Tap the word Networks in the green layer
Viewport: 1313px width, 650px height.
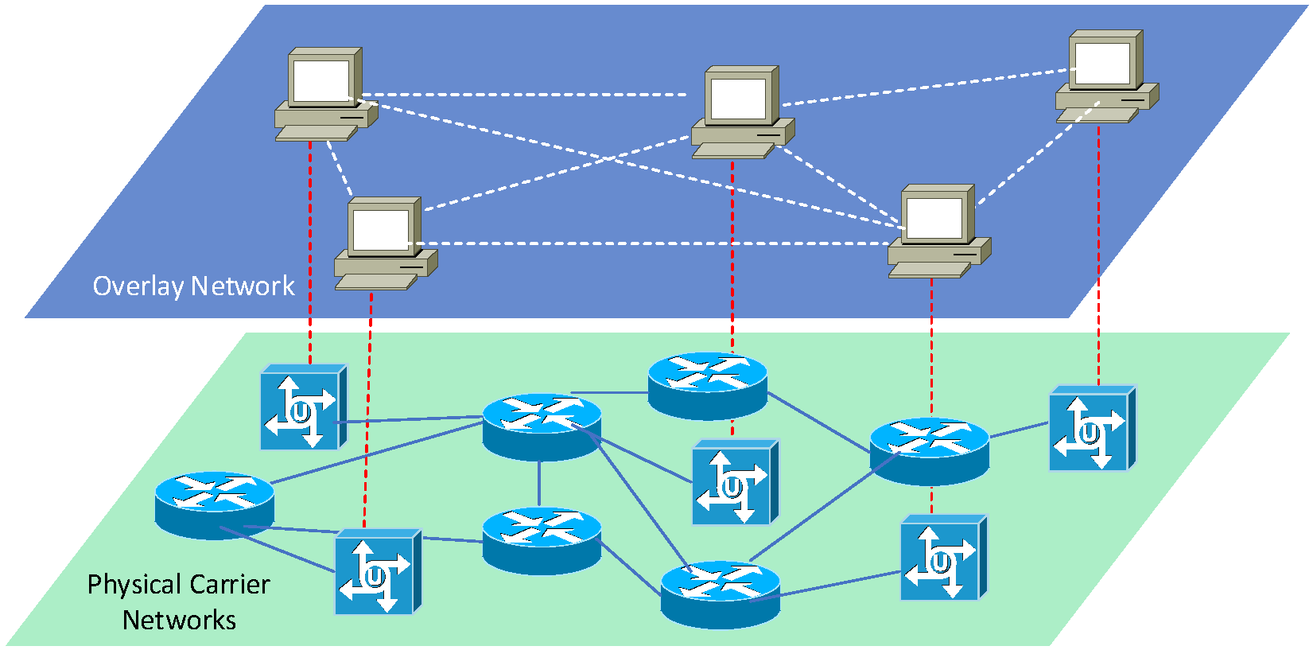(179, 621)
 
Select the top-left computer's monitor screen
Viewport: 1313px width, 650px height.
(320, 80)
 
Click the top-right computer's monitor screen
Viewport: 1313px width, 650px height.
(1102, 62)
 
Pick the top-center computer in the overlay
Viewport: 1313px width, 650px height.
(741, 111)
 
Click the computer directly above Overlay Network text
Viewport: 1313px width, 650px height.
(384, 243)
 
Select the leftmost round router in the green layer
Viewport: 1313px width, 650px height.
(215, 504)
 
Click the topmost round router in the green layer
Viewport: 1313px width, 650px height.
(707, 384)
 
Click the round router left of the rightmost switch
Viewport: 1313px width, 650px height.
(929, 450)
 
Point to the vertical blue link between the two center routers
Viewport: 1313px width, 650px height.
(539, 484)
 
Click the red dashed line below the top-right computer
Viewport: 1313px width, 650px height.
(1099, 255)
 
